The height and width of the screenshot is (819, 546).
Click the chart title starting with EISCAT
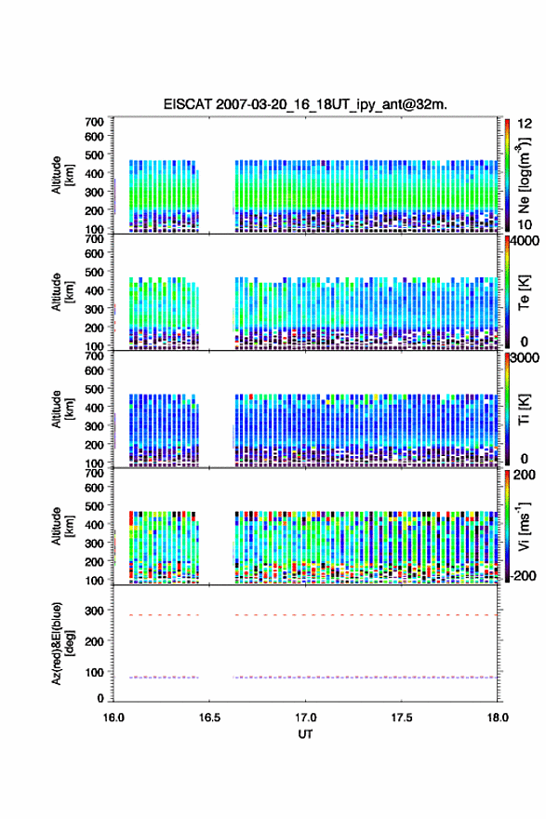[305, 104]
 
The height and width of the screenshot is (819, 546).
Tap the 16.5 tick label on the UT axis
[209, 718]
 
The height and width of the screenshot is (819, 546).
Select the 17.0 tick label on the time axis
[305, 718]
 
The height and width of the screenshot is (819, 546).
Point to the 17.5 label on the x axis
[402, 718]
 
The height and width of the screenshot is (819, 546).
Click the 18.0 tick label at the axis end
[498, 718]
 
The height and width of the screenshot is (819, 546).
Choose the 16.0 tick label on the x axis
[113, 718]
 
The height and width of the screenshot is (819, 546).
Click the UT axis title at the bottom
[305, 734]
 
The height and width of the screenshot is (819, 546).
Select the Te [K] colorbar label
[524, 292]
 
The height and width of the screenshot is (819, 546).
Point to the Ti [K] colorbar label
[524, 409]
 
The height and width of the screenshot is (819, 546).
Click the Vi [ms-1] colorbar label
[524, 527]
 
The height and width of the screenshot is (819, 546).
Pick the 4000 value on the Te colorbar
[525, 241]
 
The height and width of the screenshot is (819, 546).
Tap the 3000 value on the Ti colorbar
[525, 357]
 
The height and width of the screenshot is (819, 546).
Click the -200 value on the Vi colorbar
[522, 575]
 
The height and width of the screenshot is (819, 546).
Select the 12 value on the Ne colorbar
[525, 123]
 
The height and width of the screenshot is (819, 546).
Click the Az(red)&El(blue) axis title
[61, 643]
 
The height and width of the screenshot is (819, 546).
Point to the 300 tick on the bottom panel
[95, 611]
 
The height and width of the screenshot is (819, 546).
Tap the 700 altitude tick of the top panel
[95, 122]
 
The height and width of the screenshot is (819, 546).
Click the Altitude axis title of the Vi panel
[61, 527]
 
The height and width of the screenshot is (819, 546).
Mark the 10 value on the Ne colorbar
[525, 224]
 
